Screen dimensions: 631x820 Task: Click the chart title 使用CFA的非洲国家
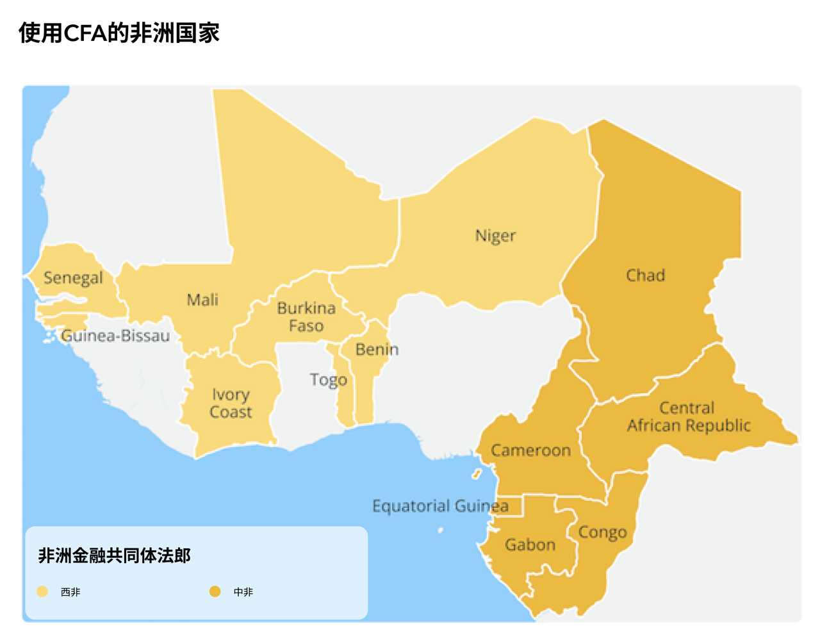point(119,33)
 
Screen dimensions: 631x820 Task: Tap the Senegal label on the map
point(73,278)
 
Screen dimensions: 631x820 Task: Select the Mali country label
point(202,300)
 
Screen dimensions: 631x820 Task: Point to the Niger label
point(495,236)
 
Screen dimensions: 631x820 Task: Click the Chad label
point(645,275)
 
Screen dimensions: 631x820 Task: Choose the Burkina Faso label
point(306,317)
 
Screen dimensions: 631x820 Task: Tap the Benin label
point(377,350)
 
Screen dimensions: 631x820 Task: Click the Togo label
point(328,380)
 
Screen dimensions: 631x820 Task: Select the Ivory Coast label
point(231,404)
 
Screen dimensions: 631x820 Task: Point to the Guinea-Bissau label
point(115,336)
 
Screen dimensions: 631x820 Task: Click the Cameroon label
point(530,450)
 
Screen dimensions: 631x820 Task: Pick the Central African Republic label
point(688,416)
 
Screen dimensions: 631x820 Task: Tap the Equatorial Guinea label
point(440,506)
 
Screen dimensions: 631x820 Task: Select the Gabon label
point(530,545)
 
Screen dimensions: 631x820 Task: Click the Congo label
point(602,532)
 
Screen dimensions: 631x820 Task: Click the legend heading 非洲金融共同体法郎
point(114,555)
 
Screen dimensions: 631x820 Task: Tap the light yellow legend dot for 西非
point(42,591)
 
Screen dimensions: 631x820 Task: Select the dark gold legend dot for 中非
point(215,591)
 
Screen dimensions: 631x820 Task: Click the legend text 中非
point(243,592)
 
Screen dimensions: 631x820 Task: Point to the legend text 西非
point(70,592)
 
